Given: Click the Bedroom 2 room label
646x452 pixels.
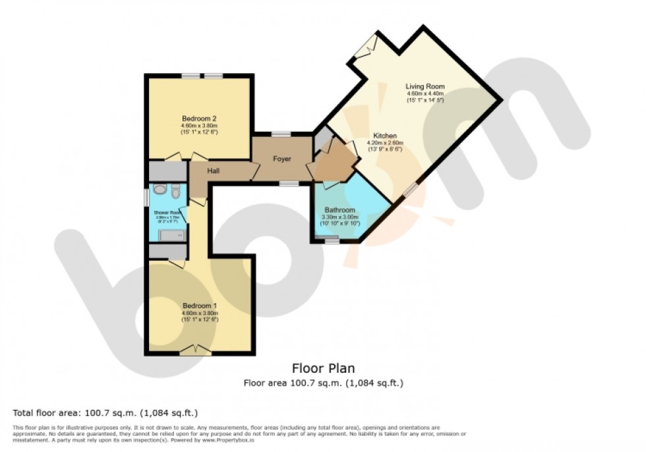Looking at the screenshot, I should tap(199, 119).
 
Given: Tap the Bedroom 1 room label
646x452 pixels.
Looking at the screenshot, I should tap(199, 306).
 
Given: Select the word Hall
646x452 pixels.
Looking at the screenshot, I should tap(214, 171).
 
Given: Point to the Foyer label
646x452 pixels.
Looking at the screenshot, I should tap(282, 159).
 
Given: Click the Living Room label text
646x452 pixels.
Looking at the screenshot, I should tap(425, 86).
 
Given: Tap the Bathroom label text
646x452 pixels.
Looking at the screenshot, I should tap(339, 210).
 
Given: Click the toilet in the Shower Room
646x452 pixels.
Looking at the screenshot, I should tap(175, 192).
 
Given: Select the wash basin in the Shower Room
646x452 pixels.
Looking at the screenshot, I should tap(159, 190).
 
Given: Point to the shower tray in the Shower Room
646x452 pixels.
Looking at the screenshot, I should tap(173, 235).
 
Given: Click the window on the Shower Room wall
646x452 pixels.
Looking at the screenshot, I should tap(147, 197).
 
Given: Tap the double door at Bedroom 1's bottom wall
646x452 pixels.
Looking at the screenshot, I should tap(196, 350).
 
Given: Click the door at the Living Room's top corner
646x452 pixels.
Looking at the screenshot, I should tap(365, 46).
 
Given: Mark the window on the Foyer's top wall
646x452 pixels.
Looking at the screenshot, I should tap(281, 134).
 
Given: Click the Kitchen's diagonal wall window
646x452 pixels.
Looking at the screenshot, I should tap(409, 190).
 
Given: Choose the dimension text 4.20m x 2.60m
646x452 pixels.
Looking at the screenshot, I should tap(386, 143).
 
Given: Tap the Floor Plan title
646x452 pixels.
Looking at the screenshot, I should tap(322, 369).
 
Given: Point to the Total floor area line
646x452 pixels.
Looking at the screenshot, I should tap(105, 413).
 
